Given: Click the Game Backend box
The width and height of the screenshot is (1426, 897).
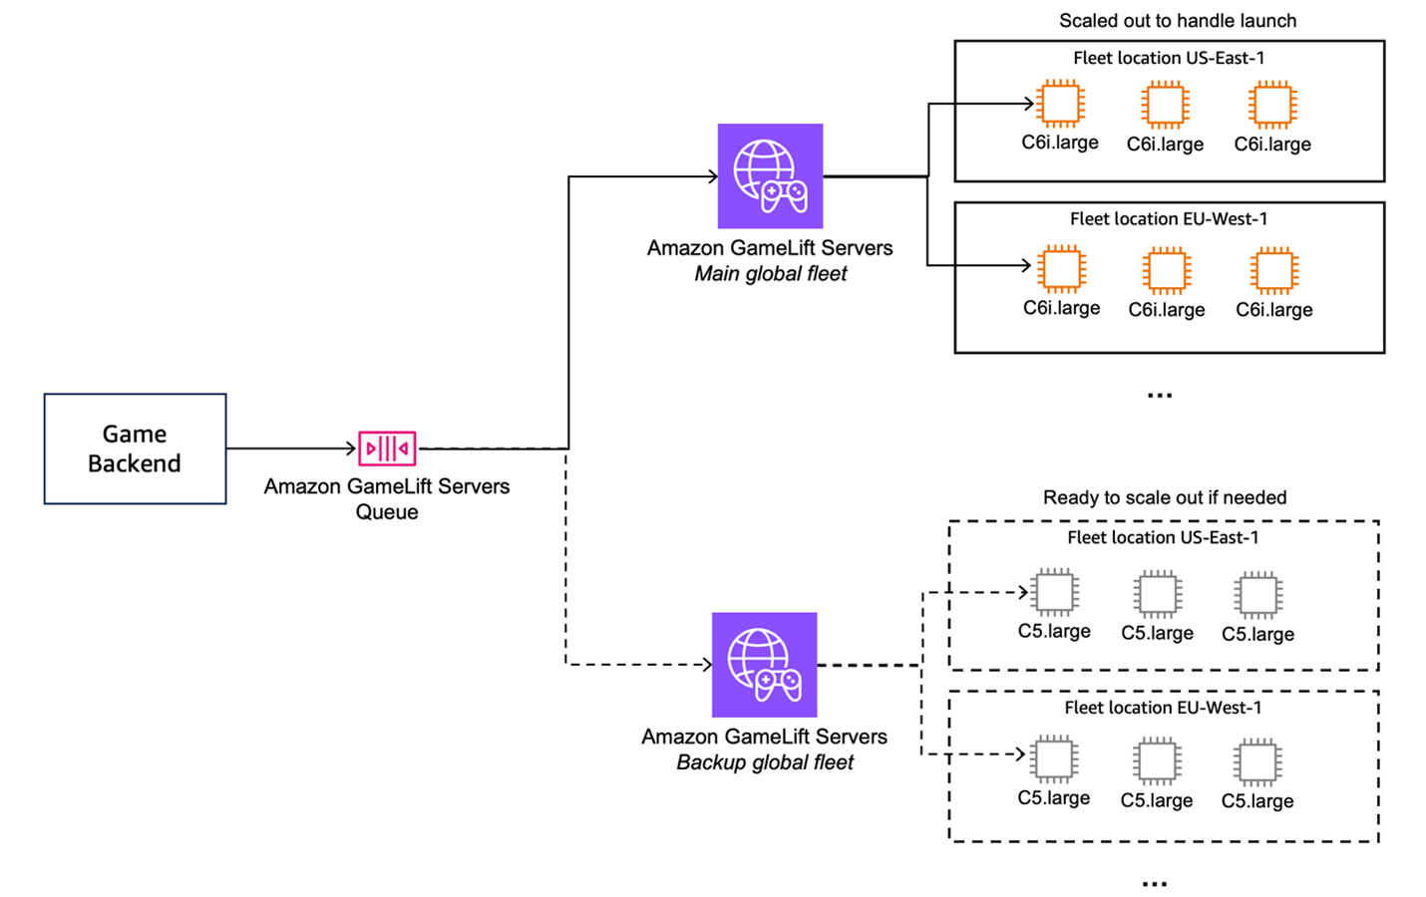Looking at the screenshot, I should tap(135, 448).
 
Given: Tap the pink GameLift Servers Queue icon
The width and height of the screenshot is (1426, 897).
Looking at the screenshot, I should tap(387, 448).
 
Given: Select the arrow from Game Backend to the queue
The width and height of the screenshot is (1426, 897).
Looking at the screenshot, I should tap(291, 448).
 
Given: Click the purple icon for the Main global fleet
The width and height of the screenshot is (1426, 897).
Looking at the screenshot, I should tap(770, 176).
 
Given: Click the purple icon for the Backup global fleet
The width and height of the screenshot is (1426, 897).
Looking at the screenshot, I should tap(764, 665).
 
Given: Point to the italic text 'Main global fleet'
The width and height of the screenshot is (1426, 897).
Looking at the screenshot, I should tap(770, 274).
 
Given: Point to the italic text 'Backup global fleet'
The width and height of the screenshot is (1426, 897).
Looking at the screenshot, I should tap(765, 762).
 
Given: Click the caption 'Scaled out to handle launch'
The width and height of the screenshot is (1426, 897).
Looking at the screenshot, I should tap(1177, 21).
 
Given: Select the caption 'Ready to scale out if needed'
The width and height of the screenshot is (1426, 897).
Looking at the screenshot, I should tap(1164, 497).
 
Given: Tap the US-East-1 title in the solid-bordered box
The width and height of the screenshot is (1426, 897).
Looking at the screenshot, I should tap(1169, 59).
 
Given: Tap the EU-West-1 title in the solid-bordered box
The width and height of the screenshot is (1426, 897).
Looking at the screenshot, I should tap(1169, 219).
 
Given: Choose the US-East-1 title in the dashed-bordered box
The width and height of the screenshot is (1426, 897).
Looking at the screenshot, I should tap(1163, 538).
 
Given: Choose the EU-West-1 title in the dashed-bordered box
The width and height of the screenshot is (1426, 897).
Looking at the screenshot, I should tap(1163, 709).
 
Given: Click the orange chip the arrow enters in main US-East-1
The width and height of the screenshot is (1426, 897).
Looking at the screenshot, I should tap(1060, 104).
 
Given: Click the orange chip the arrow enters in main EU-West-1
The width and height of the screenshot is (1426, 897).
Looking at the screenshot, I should tap(1061, 268).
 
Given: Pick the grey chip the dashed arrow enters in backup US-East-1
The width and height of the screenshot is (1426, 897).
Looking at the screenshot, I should tap(1054, 593).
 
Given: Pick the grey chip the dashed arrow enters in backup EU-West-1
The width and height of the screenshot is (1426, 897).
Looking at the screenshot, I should tap(1054, 759).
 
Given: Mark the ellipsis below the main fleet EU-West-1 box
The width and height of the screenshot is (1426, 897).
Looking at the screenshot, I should tap(1159, 396).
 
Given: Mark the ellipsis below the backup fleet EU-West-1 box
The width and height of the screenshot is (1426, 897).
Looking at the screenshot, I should tap(1154, 884).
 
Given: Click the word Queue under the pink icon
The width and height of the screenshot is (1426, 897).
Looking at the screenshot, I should tap(387, 512).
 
